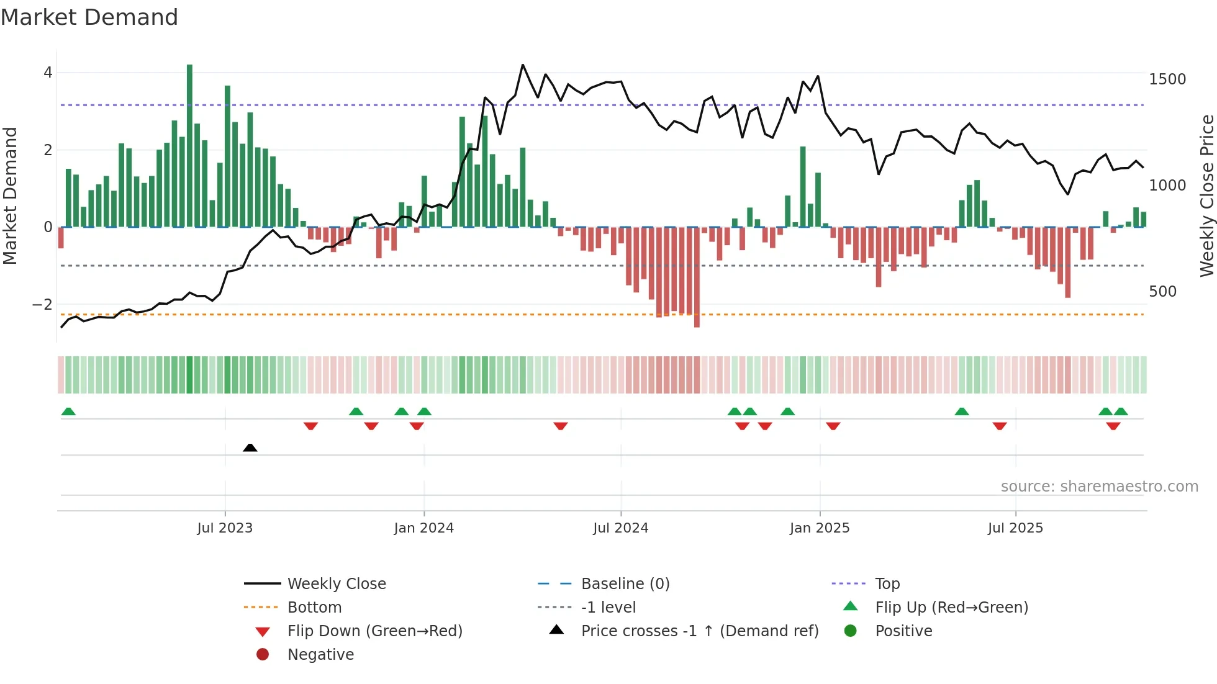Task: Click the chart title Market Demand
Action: pyautogui.click(x=89, y=17)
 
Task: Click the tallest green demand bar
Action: pyautogui.click(x=189, y=146)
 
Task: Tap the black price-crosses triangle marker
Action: pyautogui.click(x=250, y=448)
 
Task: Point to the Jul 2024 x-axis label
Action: pyautogui.click(x=620, y=528)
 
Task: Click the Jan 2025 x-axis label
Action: pyautogui.click(x=819, y=528)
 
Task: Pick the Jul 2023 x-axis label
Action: pyautogui.click(x=225, y=528)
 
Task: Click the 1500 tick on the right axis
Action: pyautogui.click(x=1167, y=79)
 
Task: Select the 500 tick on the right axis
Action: pyautogui.click(x=1162, y=292)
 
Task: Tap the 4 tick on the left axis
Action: pyautogui.click(x=48, y=73)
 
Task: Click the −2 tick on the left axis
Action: pyautogui.click(x=43, y=305)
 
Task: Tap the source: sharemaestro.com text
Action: pyautogui.click(x=1099, y=487)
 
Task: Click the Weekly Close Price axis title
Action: pyautogui.click(x=1206, y=196)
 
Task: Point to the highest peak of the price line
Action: pyautogui.click(x=523, y=65)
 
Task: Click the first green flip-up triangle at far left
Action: pyautogui.click(x=68, y=412)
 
